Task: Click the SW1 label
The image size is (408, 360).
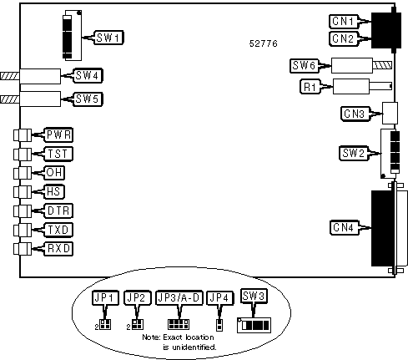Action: tap(109, 38)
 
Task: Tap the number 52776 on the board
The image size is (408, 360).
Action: tap(264, 43)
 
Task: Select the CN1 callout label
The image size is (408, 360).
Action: tap(344, 22)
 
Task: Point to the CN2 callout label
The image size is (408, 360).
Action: tap(344, 38)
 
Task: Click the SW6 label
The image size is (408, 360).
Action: tap(304, 66)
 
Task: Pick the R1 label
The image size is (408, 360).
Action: tap(310, 87)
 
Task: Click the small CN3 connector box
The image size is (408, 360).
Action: tap(390, 113)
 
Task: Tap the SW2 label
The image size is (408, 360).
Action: tap(354, 153)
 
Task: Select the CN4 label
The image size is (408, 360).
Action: tap(344, 227)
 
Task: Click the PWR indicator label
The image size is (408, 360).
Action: tap(58, 135)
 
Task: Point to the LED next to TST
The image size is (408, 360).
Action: tap(23, 154)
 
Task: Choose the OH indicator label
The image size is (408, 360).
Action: tap(54, 173)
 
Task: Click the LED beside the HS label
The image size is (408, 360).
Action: tap(23, 192)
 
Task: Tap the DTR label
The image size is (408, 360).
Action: tap(58, 210)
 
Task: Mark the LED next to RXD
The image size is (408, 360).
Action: tap(23, 249)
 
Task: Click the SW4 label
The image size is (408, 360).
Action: tap(88, 75)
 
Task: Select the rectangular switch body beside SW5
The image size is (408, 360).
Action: tap(40, 99)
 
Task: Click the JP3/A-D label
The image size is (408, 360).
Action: tap(179, 298)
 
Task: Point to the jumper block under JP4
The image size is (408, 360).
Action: tap(219, 325)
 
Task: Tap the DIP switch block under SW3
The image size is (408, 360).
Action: tap(254, 325)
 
